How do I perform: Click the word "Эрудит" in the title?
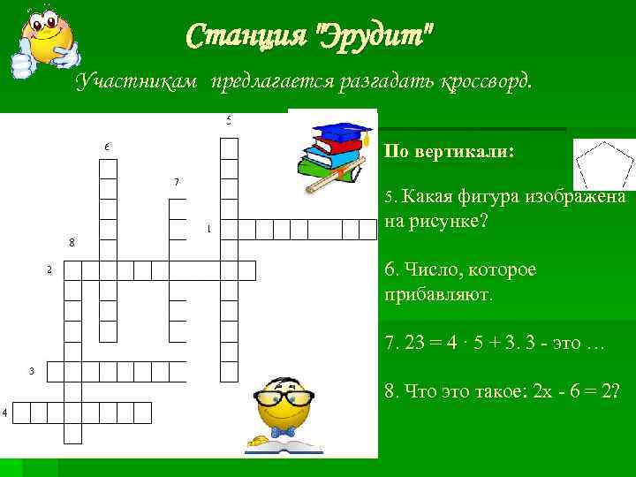point(378,37)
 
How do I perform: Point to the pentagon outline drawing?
point(603,165)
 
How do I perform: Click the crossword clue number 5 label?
point(229,119)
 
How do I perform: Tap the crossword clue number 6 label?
point(106,145)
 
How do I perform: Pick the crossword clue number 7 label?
point(177,182)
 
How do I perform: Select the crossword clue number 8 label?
point(71,241)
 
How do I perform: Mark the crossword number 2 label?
point(49,269)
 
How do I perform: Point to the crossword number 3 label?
point(31,371)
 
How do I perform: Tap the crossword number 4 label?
point(4,413)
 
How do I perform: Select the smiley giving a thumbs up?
point(44,40)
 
